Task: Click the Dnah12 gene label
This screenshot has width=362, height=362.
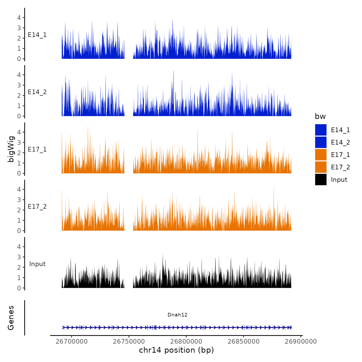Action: coord(177,315)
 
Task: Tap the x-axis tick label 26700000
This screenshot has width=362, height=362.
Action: coord(72,342)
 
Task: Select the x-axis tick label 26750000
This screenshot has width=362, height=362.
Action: coord(129,342)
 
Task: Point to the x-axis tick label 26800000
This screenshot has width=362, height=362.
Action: coord(186,342)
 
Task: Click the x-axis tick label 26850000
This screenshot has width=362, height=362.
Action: coord(244,342)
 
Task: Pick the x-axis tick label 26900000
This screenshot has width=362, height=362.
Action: coord(301,342)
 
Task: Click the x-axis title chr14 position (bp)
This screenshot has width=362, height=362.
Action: coord(176,350)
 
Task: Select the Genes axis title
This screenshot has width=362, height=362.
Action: coord(11,318)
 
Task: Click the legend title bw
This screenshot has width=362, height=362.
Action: coord(320,116)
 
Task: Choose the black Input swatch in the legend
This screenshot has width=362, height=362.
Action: coord(321,179)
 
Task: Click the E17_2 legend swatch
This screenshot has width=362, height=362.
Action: coord(321,167)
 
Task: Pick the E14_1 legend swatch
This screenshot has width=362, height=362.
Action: coord(321,130)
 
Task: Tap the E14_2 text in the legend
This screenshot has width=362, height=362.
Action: coord(340,142)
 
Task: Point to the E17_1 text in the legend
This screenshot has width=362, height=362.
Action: coord(340,155)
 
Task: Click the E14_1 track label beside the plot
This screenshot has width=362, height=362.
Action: coord(37,35)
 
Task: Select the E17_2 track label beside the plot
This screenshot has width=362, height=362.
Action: coord(37,207)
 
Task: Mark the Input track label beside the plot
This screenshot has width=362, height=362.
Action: coord(37,264)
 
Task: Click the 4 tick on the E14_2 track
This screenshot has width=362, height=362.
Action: coord(19,75)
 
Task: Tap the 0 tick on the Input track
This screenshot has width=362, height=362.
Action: coord(19,288)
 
